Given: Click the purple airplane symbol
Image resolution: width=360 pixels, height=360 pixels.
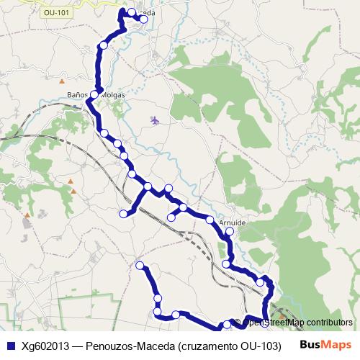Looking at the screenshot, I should click(155, 120).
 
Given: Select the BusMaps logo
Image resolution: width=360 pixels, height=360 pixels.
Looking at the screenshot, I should click(325, 345).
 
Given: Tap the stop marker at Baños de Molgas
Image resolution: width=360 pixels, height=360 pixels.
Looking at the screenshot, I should click(94, 94).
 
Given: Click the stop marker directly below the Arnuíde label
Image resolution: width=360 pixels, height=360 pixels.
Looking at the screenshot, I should click(230, 233).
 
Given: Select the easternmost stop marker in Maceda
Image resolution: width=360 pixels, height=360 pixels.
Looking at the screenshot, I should click(144, 20).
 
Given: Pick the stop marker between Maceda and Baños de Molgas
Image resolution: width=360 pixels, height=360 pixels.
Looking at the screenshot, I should click(104, 45).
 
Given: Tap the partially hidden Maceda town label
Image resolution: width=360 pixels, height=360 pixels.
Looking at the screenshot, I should click(147, 13).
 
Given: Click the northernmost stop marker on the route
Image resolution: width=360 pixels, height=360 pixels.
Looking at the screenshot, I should click(132, 12).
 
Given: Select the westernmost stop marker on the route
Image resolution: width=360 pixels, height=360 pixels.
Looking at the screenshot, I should click(123, 213).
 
